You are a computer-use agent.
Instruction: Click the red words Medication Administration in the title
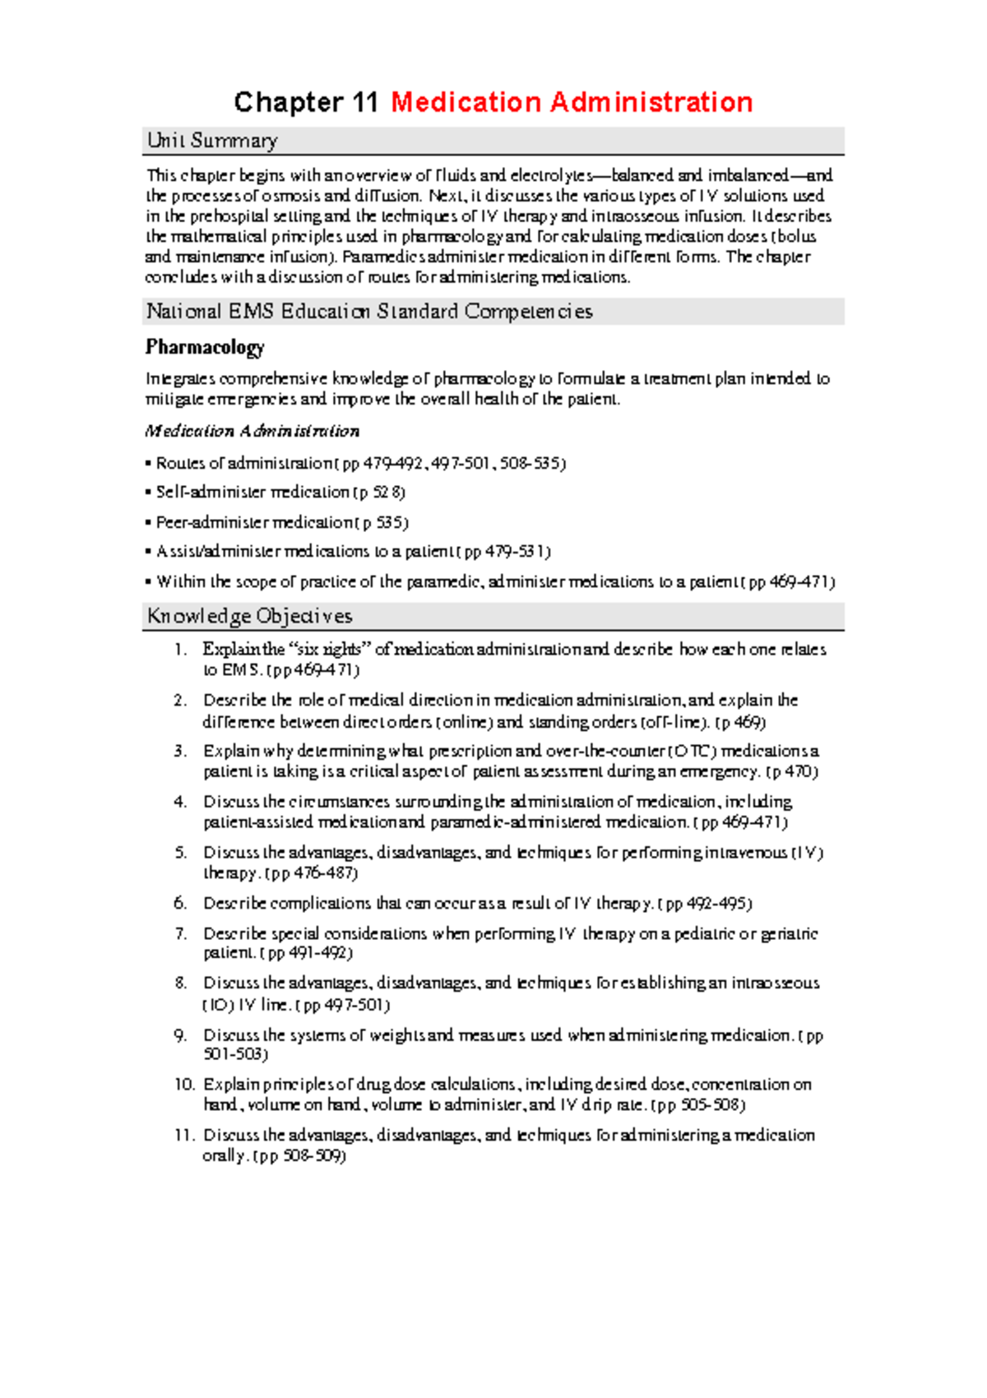pos(572,103)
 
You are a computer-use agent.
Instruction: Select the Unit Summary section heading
pos(212,141)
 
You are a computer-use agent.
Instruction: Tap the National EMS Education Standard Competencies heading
pos(369,312)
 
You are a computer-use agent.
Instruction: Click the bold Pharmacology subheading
pos(205,347)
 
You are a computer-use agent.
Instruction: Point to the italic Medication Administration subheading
pos(252,431)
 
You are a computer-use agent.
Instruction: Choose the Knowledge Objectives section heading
pos(249,616)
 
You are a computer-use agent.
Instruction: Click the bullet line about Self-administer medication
pos(280,492)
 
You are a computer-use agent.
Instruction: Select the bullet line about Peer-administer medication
pos(282,522)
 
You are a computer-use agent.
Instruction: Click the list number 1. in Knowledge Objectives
pos(181,650)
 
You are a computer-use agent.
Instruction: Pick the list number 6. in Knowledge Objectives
pos(181,903)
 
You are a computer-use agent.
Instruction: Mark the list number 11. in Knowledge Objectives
pos(183,1135)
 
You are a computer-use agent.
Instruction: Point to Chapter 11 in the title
pos(306,103)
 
